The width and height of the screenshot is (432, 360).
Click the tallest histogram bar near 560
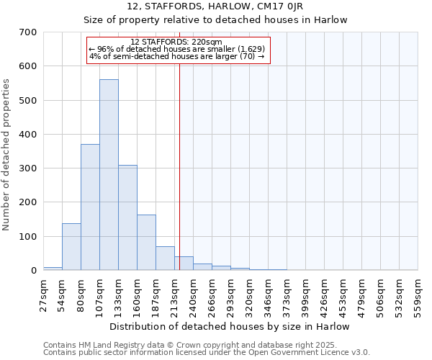click(x=109, y=175)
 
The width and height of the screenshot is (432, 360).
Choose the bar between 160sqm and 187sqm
click(x=146, y=243)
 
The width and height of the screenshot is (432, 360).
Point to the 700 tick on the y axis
click(x=27, y=32)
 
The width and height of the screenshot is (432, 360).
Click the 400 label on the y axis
click(x=27, y=135)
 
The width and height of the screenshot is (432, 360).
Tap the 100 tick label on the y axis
click(x=27, y=237)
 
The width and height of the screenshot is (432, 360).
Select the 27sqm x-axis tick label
click(x=44, y=292)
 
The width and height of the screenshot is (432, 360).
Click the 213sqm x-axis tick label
click(x=175, y=294)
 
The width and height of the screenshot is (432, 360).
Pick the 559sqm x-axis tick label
click(x=418, y=294)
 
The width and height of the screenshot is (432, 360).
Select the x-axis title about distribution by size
click(x=230, y=326)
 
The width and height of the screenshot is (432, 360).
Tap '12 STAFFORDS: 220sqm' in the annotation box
click(x=177, y=42)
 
